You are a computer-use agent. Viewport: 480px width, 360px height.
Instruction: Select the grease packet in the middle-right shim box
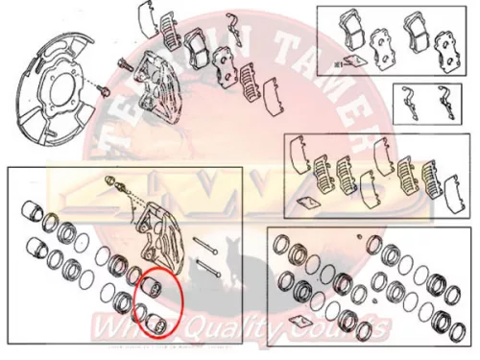coord(308,202)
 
